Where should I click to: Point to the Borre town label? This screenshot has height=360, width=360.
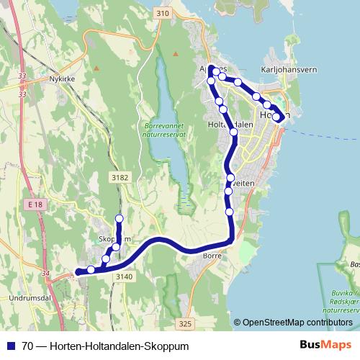[212, 255]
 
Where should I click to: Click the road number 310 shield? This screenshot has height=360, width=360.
[161, 14]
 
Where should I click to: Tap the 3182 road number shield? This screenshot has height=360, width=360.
[120, 176]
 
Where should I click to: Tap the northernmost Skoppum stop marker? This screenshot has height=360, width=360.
[120, 218]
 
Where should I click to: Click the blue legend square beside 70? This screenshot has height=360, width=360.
[11, 346]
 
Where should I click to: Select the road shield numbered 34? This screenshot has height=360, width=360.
[45, 274]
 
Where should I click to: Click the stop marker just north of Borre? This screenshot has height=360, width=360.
[230, 212]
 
